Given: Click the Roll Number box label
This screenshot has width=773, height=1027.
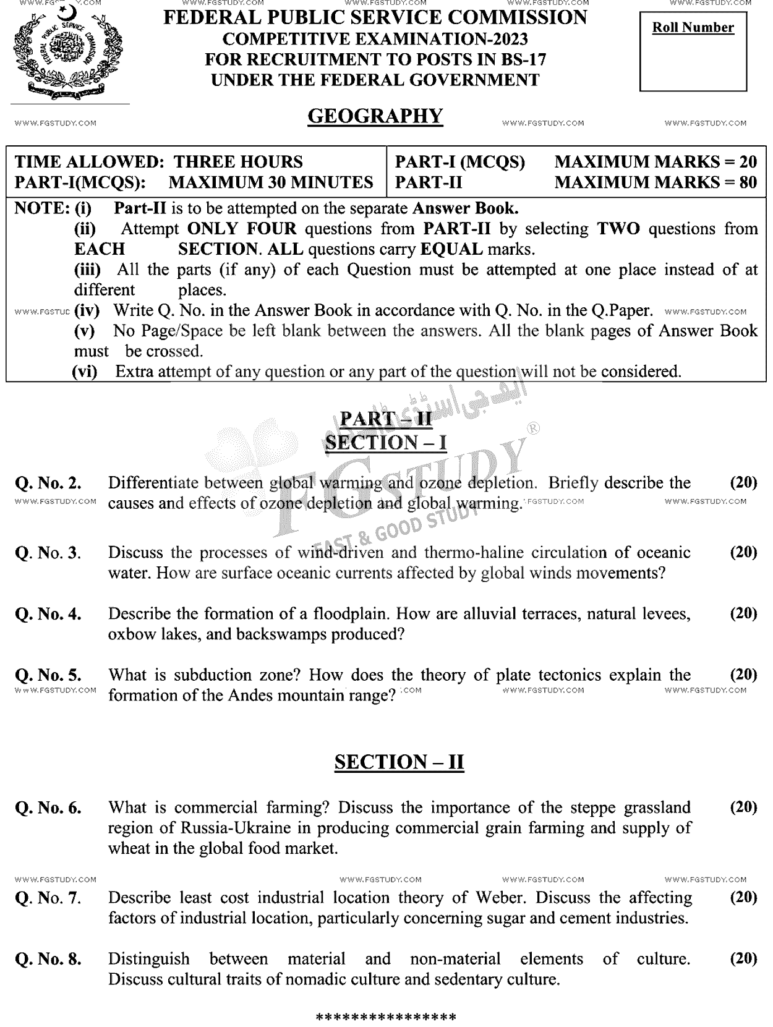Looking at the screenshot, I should (x=693, y=28).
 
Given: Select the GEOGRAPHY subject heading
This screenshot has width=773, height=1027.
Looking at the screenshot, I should (x=375, y=116).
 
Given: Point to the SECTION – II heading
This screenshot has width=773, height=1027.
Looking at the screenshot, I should (x=399, y=762).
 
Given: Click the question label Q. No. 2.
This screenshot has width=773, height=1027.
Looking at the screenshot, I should (x=48, y=483).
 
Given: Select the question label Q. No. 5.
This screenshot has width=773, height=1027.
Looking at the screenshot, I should (x=48, y=675).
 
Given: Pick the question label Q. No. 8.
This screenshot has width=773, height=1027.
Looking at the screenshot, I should (x=48, y=959).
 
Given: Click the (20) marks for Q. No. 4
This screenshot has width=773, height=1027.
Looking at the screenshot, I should (x=743, y=613).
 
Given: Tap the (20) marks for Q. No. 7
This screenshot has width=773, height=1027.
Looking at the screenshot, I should (x=743, y=897).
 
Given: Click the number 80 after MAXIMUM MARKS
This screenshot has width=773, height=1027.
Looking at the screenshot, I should (x=748, y=182).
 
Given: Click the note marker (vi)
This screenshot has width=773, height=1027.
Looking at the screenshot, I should (x=85, y=372).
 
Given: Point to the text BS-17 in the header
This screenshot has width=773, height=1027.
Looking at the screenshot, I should (x=524, y=59).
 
